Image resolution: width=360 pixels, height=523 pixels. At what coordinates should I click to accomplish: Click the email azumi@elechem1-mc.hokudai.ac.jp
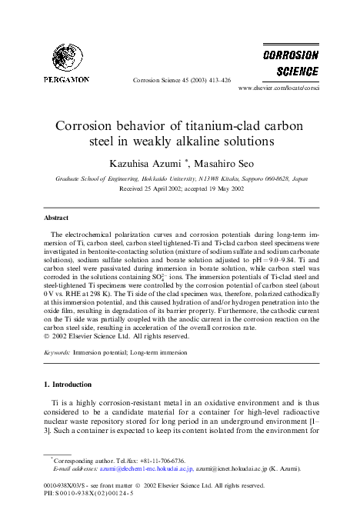[131, 468]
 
